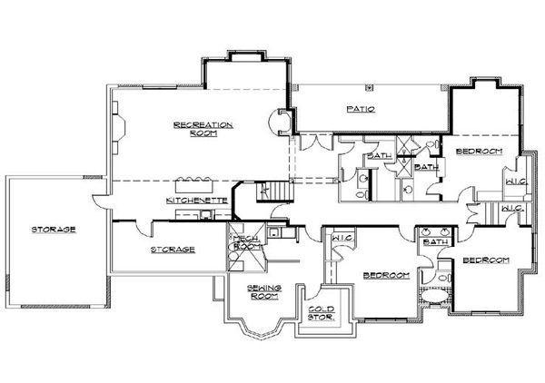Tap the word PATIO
pyautogui.click(x=361, y=109)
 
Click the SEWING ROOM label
pyautogui.click(x=265, y=290)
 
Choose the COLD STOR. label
pyautogui.click(x=322, y=314)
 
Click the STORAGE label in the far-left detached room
pyautogui.click(x=52, y=229)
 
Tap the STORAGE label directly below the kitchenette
pyautogui.click(x=172, y=249)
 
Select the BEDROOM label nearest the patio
pyautogui.click(x=479, y=151)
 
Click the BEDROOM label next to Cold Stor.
pyautogui.click(x=386, y=274)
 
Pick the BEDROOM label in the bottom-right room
pyautogui.click(x=485, y=260)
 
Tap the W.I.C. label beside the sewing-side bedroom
pyautogui.click(x=342, y=239)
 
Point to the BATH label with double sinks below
pyautogui.click(x=437, y=242)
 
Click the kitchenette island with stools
pyautogui.click(x=193, y=178)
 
